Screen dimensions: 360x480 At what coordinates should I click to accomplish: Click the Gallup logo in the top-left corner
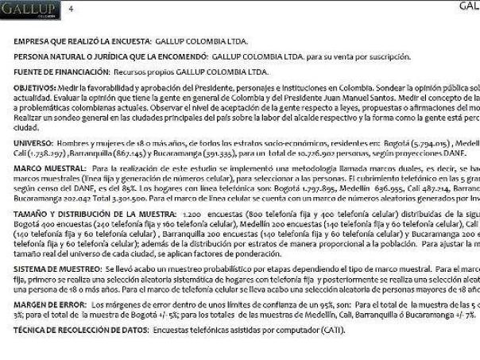pyautogui.click(x=27, y=10)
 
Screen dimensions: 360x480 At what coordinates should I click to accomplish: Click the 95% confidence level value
pyautogui.click(x=289, y=306)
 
